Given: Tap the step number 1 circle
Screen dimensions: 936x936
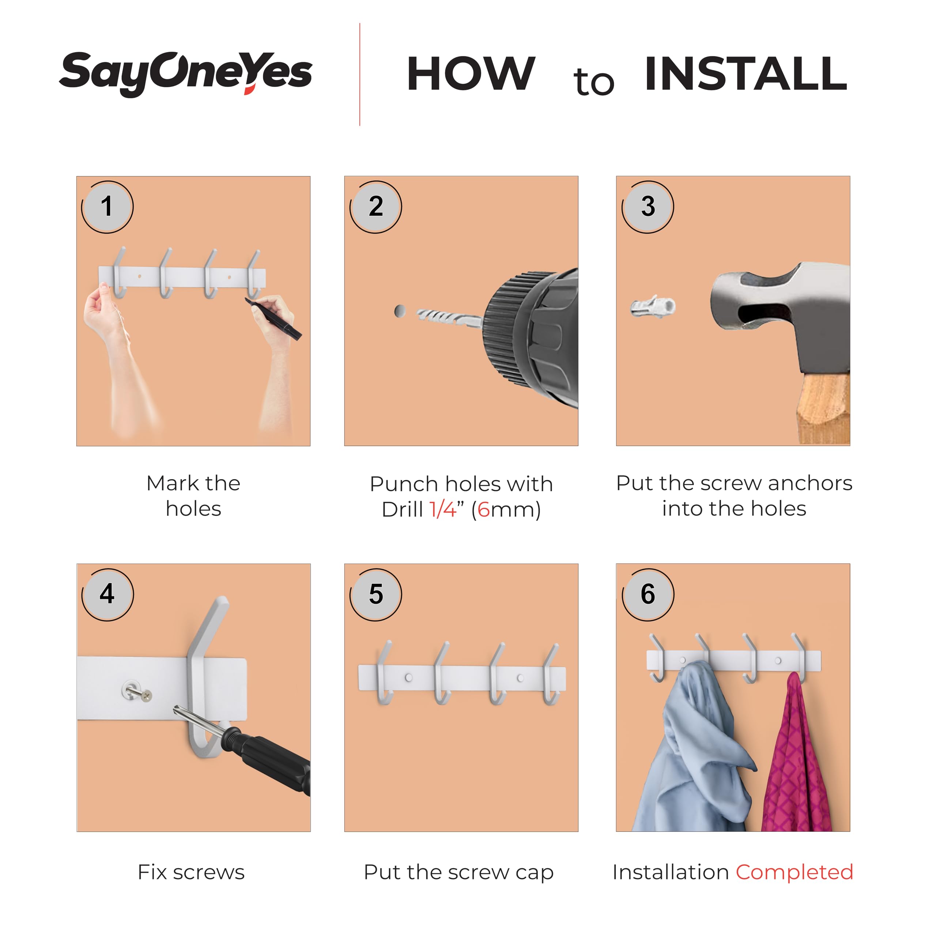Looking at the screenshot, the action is click(x=107, y=207).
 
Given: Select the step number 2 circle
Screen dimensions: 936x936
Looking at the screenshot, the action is click(x=375, y=207).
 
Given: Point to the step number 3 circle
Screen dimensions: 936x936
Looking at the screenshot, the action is click(x=648, y=207).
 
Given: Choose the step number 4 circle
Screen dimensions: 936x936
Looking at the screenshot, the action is click(x=107, y=595).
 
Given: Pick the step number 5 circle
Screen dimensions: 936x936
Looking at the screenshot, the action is click(x=375, y=595).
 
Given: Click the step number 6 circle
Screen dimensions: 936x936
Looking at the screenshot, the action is click(x=648, y=595).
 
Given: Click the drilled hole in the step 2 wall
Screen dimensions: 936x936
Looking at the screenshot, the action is click(x=400, y=311).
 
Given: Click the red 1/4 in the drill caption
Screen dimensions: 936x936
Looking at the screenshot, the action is click(x=443, y=510).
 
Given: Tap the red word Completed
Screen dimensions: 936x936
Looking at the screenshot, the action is click(x=795, y=872).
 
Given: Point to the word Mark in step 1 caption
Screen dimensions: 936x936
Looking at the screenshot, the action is click(x=173, y=483).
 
